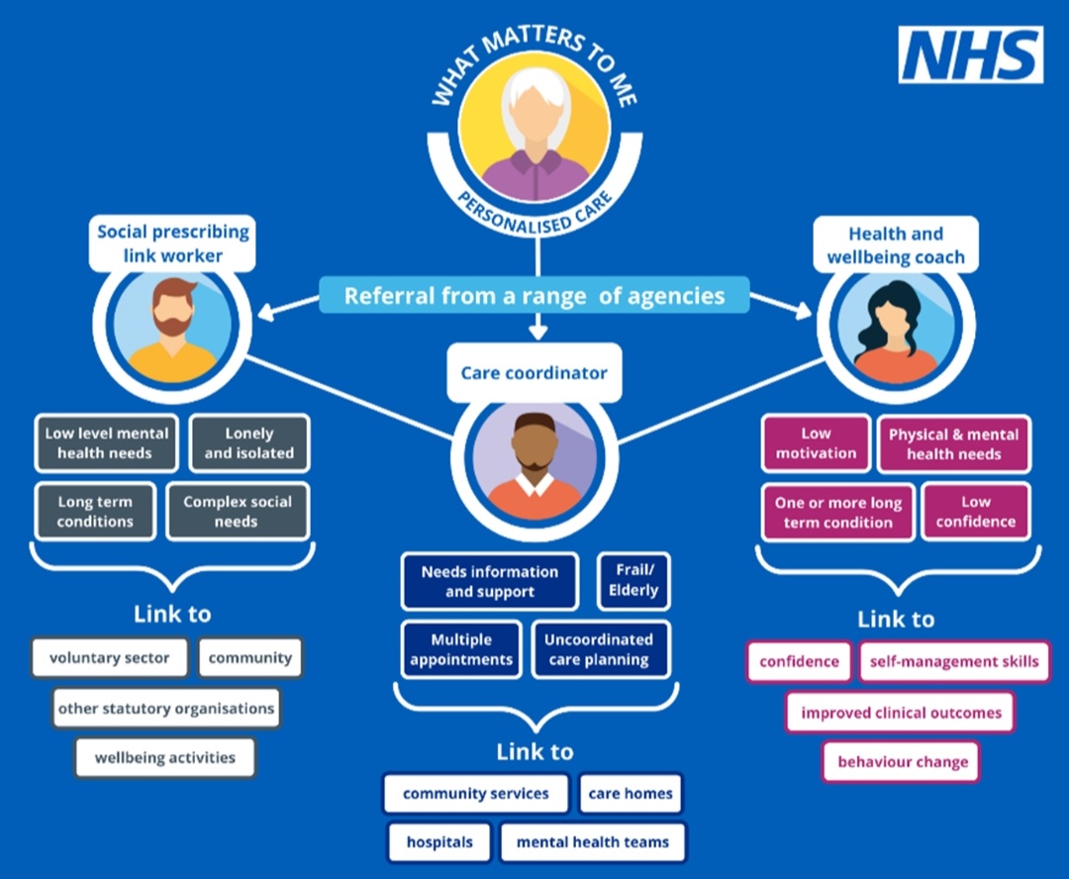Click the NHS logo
[x=970, y=55]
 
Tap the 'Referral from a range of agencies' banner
[x=534, y=295]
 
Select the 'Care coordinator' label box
[x=534, y=373]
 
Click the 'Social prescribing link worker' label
[x=173, y=244]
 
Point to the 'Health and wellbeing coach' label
[x=896, y=245]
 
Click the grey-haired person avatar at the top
[x=534, y=129]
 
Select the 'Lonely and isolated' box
[x=249, y=443]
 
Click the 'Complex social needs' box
[x=238, y=512]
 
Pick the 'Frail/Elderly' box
[x=633, y=581]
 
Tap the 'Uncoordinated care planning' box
[x=599, y=649]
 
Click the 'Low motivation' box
[x=816, y=443]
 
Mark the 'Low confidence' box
[x=976, y=512]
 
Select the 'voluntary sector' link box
[x=110, y=658]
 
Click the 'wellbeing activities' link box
[x=165, y=758]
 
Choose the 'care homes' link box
[x=631, y=794]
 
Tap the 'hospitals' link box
[x=439, y=842]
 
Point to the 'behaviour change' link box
[x=903, y=762]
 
